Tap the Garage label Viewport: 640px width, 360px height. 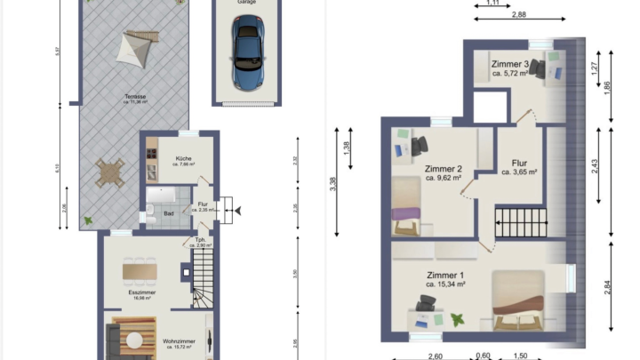pos(246,3)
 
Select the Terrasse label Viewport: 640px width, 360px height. pos(135,96)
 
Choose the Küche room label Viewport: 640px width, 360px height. pos(171,158)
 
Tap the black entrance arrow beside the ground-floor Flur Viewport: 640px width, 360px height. pos(236,210)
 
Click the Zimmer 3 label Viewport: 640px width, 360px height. pos(513,64)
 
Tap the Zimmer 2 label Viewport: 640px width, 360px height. pos(443,169)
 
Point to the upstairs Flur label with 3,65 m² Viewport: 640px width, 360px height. pos(520,164)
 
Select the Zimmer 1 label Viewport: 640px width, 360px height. pos(444,275)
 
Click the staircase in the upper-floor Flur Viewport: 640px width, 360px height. pos(517,221)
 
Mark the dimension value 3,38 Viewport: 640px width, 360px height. pos(332,182)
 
